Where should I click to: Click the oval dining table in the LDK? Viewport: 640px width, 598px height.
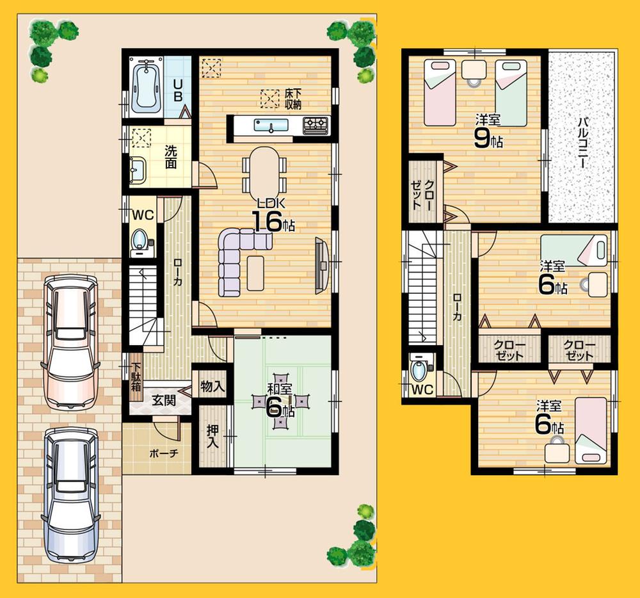click(264, 169)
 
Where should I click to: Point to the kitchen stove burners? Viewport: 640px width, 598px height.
click(316, 124)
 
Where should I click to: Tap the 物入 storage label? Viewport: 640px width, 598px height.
click(212, 387)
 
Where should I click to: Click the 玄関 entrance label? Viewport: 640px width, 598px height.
click(164, 401)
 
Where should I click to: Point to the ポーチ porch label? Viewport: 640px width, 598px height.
click(164, 453)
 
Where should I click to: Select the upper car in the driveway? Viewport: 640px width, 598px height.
click(70, 343)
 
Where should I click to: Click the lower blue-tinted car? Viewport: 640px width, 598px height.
click(70, 496)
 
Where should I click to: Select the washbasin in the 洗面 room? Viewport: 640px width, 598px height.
click(138, 170)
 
